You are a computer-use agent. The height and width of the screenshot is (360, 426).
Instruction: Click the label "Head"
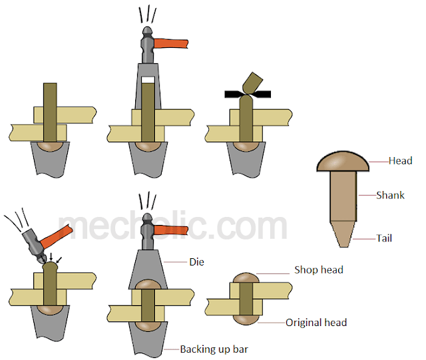(x=401, y=160)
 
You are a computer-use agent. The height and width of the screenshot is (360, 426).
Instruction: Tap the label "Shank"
(x=390, y=195)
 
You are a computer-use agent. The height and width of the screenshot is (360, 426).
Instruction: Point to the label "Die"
(x=195, y=262)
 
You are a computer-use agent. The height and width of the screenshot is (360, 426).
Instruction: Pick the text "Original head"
(x=316, y=323)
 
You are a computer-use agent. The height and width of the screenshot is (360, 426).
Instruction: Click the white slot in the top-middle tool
(x=148, y=80)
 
